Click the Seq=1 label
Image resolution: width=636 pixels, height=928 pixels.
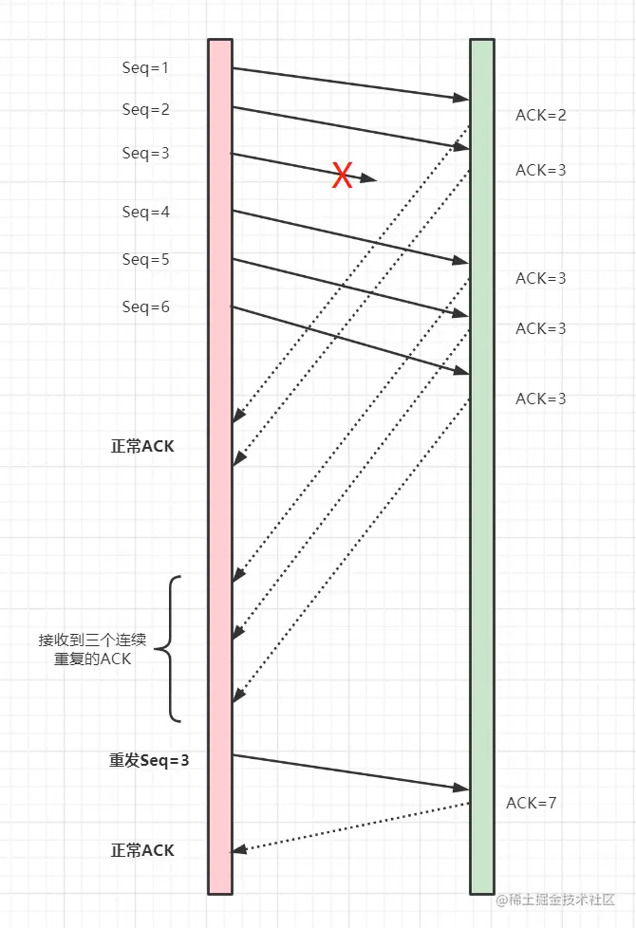coord(145,67)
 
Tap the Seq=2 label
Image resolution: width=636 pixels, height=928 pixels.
coord(145,109)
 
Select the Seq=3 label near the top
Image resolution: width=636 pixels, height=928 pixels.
coord(145,153)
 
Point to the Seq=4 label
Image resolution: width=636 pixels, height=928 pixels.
coord(145,212)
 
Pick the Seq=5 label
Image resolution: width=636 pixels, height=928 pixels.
coord(145,259)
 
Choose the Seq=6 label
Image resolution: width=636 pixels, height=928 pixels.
coord(145,306)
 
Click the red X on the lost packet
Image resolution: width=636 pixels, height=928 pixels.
coord(342,175)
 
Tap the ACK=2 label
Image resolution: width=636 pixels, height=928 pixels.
coord(540,115)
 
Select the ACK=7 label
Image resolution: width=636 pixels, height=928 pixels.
coord(531,803)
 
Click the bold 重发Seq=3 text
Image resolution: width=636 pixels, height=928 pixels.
coord(149,760)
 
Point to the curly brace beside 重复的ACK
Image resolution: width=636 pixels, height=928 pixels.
coord(168,649)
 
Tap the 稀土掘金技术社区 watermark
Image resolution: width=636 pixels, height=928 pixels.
coord(562,900)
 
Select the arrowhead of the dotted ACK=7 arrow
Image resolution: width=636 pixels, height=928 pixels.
coord(239,849)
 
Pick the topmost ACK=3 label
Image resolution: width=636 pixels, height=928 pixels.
coord(540,170)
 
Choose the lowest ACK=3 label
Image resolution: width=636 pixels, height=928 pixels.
coord(540,399)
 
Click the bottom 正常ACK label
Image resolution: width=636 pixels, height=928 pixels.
coord(142,850)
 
